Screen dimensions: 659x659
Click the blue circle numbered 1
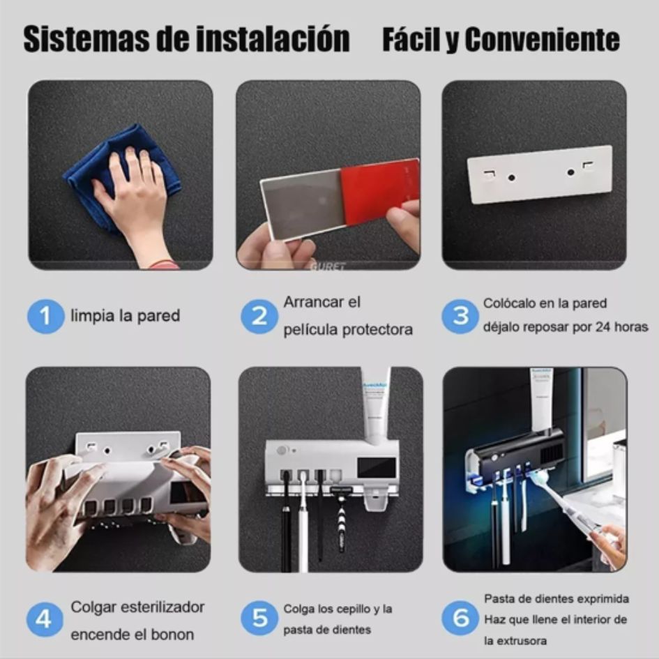pyautogui.click(x=45, y=316)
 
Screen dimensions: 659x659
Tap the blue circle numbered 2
pyautogui.click(x=259, y=316)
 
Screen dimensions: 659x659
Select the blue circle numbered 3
pyautogui.click(x=460, y=316)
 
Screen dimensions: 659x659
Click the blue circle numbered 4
pyautogui.click(x=45, y=619)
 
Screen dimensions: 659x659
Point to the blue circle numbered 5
pyautogui.click(x=259, y=619)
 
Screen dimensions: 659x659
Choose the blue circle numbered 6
pyautogui.click(x=460, y=619)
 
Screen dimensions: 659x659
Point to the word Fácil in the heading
pyautogui.click(x=411, y=40)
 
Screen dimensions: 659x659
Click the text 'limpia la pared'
pyautogui.click(x=125, y=316)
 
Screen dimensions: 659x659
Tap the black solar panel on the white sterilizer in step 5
pyautogui.click(x=377, y=467)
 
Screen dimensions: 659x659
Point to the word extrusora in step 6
pyautogui.click(x=516, y=640)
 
